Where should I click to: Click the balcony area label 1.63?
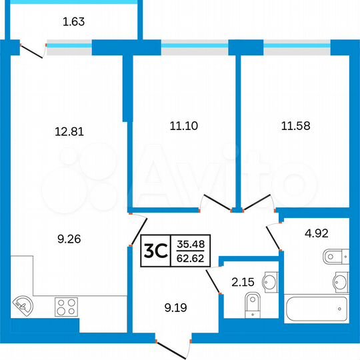(x=73, y=21)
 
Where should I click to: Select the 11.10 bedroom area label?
(x=179, y=125)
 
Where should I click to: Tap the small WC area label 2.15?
(x=242, y=282)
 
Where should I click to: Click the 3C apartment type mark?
(x=155, y=251)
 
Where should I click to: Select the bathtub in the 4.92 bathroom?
(x=316, y=309)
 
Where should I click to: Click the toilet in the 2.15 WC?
(x=250, y=307)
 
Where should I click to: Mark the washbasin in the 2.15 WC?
(x=269, y=283)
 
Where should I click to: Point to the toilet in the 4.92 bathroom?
(x=333, y=256)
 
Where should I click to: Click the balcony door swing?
(x=31, y=50)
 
